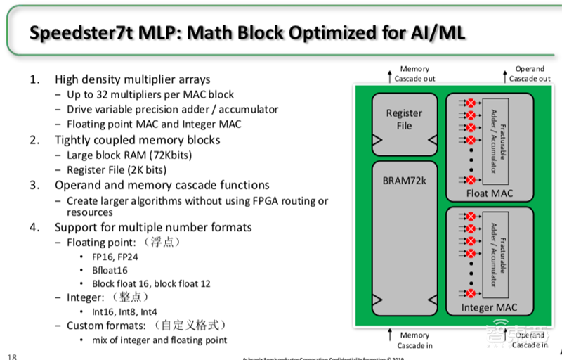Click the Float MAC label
[490, 193]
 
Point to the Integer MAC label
[490, 308]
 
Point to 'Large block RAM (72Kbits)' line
[129, 155]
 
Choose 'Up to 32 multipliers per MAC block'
[150, 94]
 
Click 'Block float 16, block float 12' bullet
[151, 283]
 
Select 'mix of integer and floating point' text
[159, 340]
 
